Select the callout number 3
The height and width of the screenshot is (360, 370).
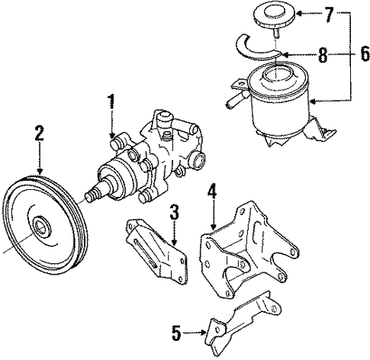coord(174,212)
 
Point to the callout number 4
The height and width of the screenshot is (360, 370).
coord(212,190)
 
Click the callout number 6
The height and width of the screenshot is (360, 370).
coord(365,53)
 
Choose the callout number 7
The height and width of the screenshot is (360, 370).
coord(329,14)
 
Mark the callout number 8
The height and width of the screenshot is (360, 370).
coord(323,55)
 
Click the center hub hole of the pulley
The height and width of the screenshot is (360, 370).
coord(40,227)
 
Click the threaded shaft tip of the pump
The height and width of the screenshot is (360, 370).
coord(90,196)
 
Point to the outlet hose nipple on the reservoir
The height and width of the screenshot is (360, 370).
coord(233,100)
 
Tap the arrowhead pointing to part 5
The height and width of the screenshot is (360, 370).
coord(203,332)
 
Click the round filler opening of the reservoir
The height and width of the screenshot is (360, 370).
coord(275,74)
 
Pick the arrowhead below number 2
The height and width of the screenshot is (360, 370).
coord(40,172)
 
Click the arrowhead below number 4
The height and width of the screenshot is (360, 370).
coord(213,227)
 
